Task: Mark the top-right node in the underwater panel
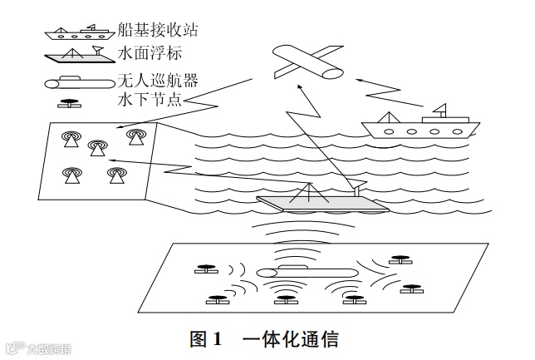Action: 403,259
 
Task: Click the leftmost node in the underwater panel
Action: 204,269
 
